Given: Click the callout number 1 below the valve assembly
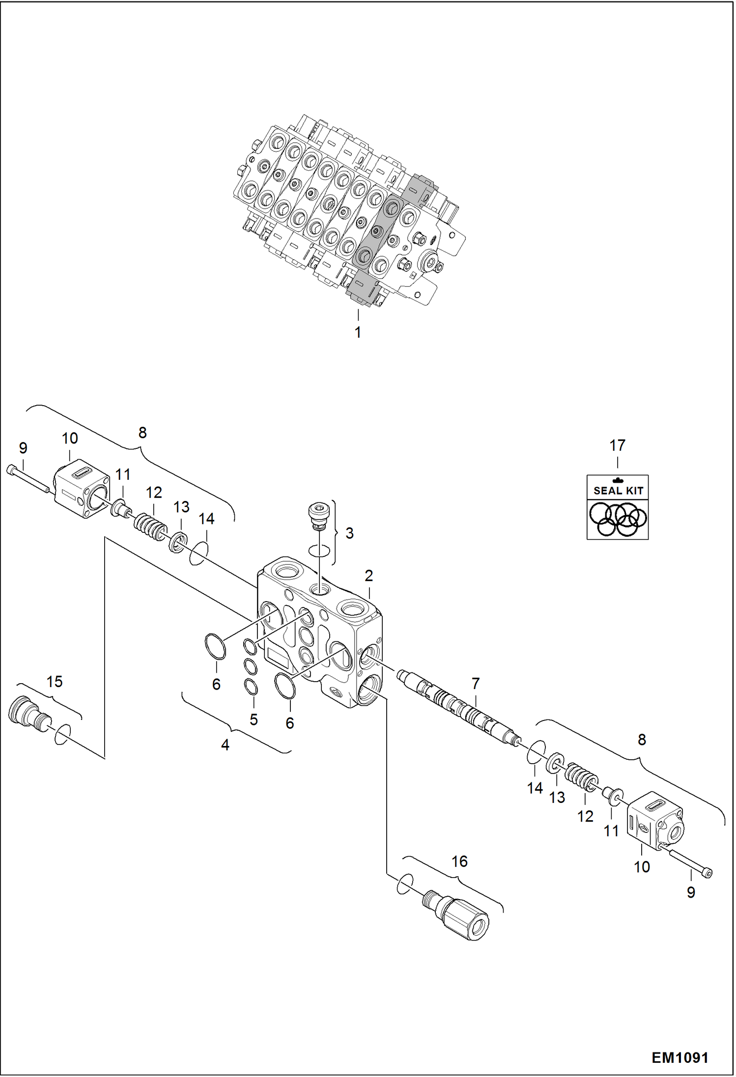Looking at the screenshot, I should pos(358,332).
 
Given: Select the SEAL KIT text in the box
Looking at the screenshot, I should pos(618,490).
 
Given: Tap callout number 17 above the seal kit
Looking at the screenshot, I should pos(617,445).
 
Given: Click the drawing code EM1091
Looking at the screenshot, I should pos(680,1057).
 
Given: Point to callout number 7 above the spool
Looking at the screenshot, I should pos(475,683).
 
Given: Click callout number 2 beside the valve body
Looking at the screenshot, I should pos(368,576).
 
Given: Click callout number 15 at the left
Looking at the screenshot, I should pos(55,682).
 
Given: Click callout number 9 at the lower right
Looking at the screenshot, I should pos(691,892).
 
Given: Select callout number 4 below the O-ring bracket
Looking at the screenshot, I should pos(225,745).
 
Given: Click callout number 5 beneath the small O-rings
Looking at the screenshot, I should pos(254,719).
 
